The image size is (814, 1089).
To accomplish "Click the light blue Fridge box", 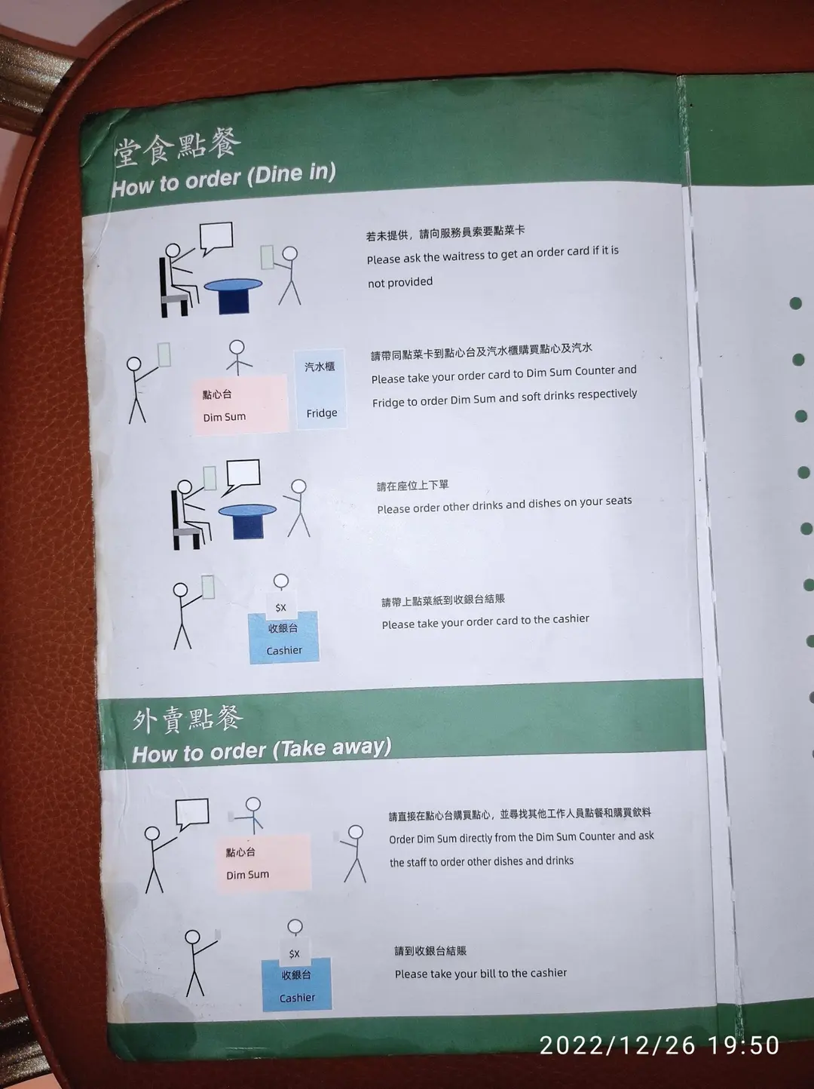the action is tap(321, 389).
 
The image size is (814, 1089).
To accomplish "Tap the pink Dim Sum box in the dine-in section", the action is tap(240, 404).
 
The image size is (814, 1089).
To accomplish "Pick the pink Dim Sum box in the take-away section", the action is tap(263, 863).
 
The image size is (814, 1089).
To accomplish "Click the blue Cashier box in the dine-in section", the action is tap(283, 637).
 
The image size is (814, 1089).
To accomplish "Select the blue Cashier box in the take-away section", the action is tap(296, 984).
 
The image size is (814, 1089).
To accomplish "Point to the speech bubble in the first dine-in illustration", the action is tap(216, 238).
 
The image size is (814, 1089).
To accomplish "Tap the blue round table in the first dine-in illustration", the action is tap(233, 296).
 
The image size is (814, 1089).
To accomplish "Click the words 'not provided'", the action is tap(400, 282).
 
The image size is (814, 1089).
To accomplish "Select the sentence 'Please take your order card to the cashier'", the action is tap(485, 621).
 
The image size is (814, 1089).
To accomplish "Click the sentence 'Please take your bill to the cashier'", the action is tap(480, 974).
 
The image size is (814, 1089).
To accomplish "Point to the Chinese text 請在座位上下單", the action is tap(412, 485).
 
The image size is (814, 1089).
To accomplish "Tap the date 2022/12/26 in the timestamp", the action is tap(618, 1045).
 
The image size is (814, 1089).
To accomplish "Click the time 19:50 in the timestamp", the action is tap(744, 1045).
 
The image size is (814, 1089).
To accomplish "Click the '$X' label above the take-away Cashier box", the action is tap(294, 953).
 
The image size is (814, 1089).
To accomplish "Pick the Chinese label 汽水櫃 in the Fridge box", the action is tap(320, 367).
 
